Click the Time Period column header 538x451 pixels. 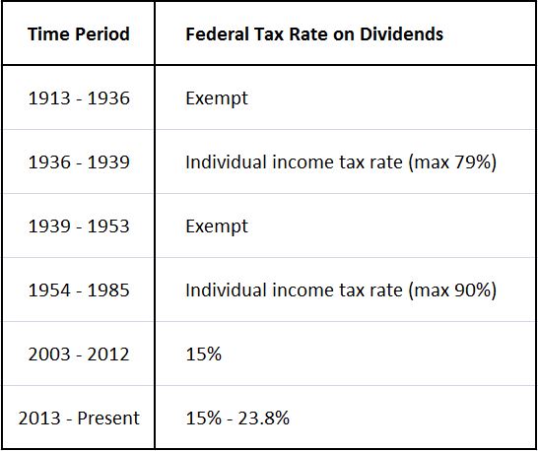(x=78, y=34)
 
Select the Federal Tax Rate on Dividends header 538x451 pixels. (x=313, y=34)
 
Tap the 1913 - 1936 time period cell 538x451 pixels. (x=78, y=98)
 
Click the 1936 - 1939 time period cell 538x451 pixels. (x=78, y=162)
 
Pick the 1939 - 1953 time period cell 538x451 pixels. (x=78, y=226)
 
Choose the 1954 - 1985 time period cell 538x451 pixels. (x=78, y=290)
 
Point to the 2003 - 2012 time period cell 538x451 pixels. (x=78, y=354)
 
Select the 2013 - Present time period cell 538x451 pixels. (x=78, y=419)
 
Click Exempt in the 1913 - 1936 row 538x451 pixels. (x=217, y=98)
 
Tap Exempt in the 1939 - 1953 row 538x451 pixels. (x=217, y=226)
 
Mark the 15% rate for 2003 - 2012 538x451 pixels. (x=203, y=354)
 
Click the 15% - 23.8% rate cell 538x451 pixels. (x=236, y=419)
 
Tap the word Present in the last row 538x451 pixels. (x=108, y=419)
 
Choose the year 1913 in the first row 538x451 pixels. (x=46, y=98)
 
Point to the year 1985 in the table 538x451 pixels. (x=109, y=290)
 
